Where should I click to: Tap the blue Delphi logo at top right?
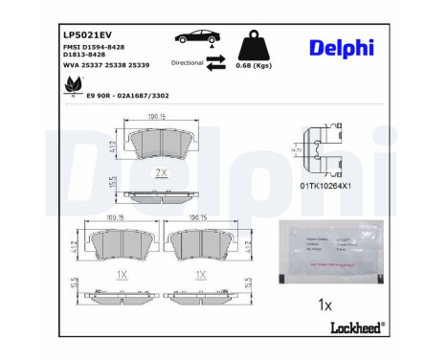(342, 48)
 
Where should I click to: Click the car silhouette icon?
(197, 39)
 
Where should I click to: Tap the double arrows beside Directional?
(216, 62)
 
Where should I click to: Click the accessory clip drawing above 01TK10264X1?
(320, 149)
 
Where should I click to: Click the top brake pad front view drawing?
(158, 145)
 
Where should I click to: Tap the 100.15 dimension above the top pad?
(158, 118)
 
